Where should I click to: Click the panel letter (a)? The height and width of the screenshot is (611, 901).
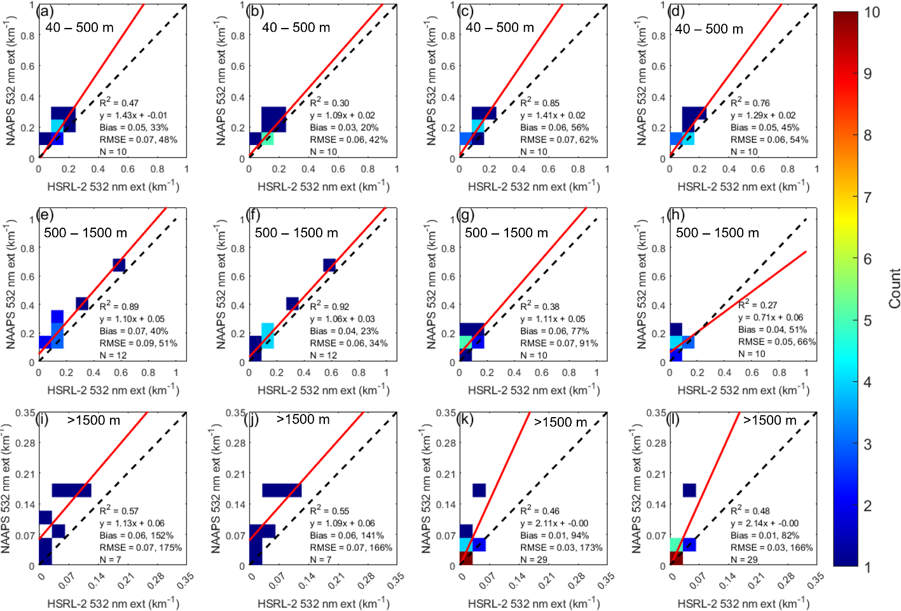coord(45,11)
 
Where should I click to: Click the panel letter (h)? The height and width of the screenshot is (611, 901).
coord(675,214)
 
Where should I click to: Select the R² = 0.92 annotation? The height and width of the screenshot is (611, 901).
coord(329,306)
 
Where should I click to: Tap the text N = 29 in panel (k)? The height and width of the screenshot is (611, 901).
coord(533,560)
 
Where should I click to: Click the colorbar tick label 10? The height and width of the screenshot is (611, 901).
coord(872,12)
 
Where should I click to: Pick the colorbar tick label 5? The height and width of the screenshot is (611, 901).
coord(867,320)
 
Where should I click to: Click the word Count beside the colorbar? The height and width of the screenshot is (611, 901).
coord(894,289)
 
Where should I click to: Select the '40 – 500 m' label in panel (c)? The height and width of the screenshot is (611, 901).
coord(500,27)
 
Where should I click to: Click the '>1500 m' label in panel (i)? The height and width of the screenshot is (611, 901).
coord(93,420)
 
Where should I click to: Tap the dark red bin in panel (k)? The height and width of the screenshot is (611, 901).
coord(465,558)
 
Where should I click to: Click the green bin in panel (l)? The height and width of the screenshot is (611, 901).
coord(676,545)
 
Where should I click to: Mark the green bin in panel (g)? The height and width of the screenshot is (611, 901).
coord(465,341)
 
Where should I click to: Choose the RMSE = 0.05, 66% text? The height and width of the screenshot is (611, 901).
coord(777,341)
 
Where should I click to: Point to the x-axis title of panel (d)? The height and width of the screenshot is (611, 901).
coord(743,186)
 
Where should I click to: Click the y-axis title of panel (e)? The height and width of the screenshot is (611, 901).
coord(11,284)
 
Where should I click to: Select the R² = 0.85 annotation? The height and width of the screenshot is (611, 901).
coord(540,102)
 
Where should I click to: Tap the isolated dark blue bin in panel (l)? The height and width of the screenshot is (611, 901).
coord(689,490)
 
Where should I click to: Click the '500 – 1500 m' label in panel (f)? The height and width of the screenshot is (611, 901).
coord(296,233)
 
